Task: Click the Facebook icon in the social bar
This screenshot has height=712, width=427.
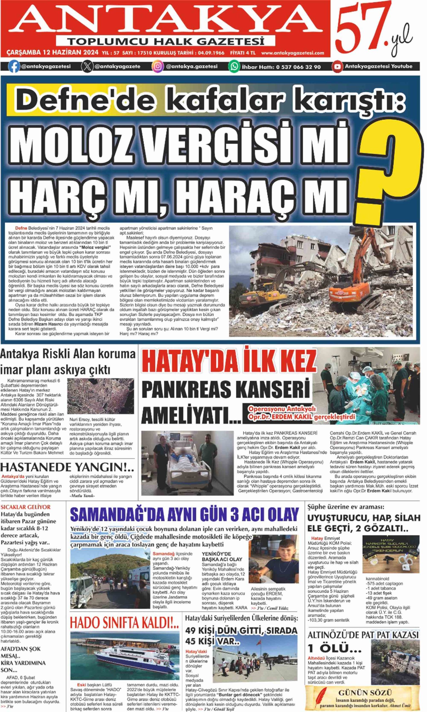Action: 14,66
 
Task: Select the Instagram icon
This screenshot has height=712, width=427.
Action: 158,66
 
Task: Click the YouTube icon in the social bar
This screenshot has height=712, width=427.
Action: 337,66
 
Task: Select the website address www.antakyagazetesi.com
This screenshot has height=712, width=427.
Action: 292,53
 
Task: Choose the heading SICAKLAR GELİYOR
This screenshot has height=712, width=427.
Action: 26,507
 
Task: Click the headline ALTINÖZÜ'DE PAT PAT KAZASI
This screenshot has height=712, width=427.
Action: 363,635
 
